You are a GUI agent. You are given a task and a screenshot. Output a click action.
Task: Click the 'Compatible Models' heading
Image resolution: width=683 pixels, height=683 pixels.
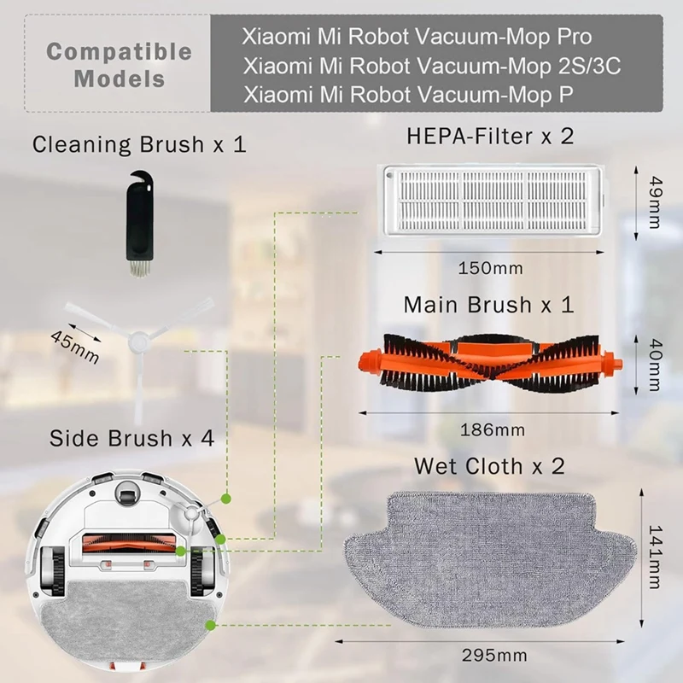[119, 64]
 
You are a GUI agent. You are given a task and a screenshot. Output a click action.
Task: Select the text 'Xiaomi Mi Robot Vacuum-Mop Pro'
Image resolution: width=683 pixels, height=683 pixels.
[429, 38]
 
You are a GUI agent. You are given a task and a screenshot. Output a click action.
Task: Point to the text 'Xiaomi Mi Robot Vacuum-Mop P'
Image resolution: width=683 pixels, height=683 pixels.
[408, 94]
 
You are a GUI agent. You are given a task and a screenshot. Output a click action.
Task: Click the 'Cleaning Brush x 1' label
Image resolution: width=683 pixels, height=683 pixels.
[139, 143]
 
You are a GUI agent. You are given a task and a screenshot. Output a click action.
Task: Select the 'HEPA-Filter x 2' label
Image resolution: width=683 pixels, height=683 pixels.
[490, 136]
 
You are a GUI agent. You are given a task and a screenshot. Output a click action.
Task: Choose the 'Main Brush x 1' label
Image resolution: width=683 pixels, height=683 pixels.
[488, 304]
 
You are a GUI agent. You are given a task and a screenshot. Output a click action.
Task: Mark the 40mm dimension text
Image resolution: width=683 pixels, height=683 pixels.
[654, 364]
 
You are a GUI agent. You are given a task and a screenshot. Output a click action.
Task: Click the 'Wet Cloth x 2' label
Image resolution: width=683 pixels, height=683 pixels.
[489, 466]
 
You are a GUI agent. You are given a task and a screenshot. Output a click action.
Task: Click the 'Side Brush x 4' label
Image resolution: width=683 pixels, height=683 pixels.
[131, 438]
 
